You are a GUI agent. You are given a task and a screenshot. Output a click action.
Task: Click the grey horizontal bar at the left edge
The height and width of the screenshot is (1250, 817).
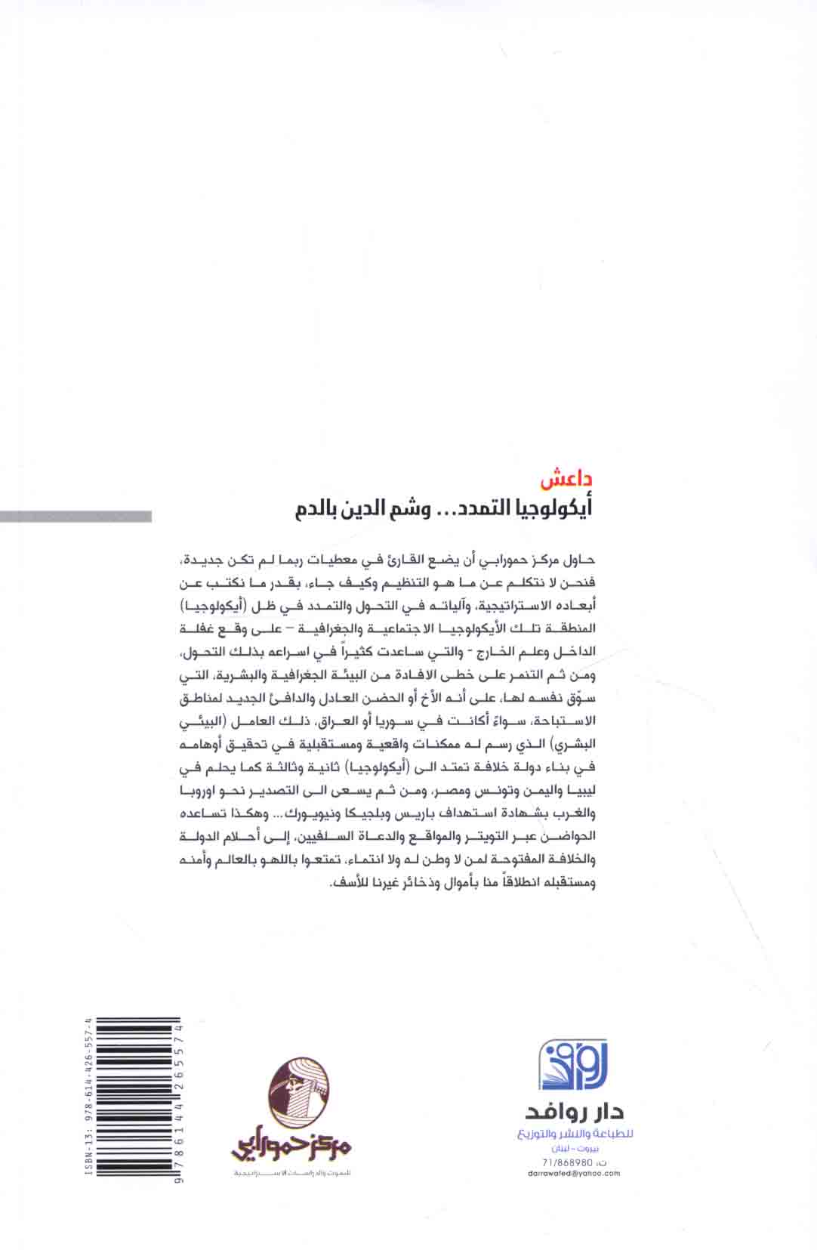click(x=76, y=517)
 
